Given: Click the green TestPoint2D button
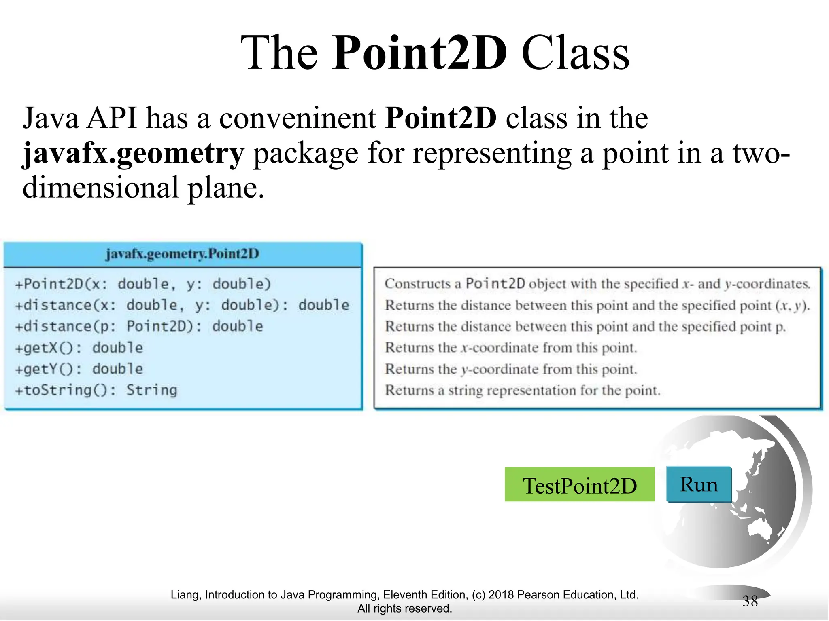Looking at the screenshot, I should tap(579, 485).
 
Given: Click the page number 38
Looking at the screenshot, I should tap(750, 601).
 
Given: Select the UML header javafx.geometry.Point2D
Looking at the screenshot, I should tap(182, 254).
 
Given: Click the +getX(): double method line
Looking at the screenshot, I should tap(79, 348).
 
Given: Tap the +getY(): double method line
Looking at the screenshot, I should tap(79, 369).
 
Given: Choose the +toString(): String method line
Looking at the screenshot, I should tap(96, 390).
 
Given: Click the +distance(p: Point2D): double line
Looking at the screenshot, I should tap(139, 326).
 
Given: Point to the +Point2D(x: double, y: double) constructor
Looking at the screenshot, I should tap(142, 284).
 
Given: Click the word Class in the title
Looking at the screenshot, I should tap(575, 53).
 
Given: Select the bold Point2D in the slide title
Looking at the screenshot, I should tap(419, 53).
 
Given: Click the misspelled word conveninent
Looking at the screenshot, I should tap(298, 118).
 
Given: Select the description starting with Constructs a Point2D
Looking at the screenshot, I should tap(597, 284).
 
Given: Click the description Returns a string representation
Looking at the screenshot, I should tap(522, 390).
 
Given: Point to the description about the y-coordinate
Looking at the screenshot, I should tap(511, 369).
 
